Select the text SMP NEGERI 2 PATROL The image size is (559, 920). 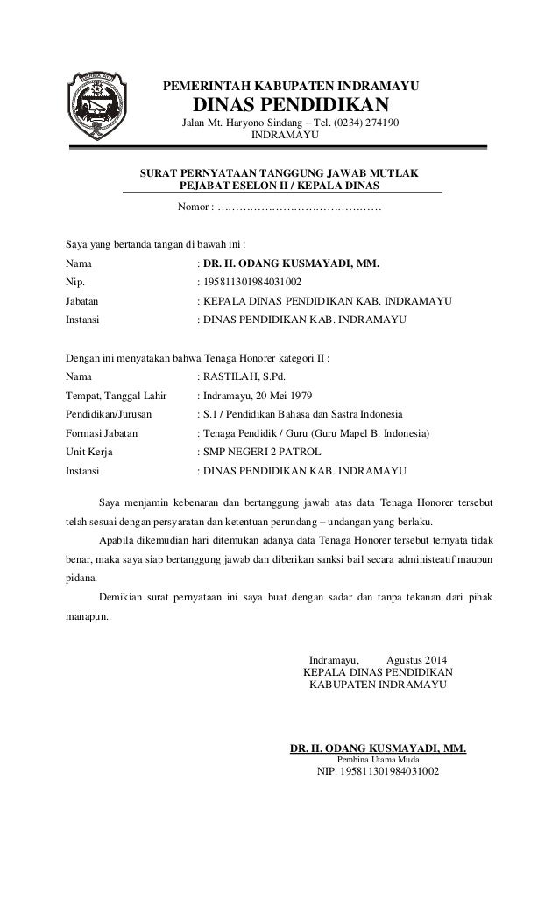(262, 452)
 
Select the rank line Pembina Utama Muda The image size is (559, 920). (378, 760)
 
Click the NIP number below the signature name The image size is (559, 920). (378, 773)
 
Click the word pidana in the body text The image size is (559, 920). (82, 578)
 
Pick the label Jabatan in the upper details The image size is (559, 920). (84, 302)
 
